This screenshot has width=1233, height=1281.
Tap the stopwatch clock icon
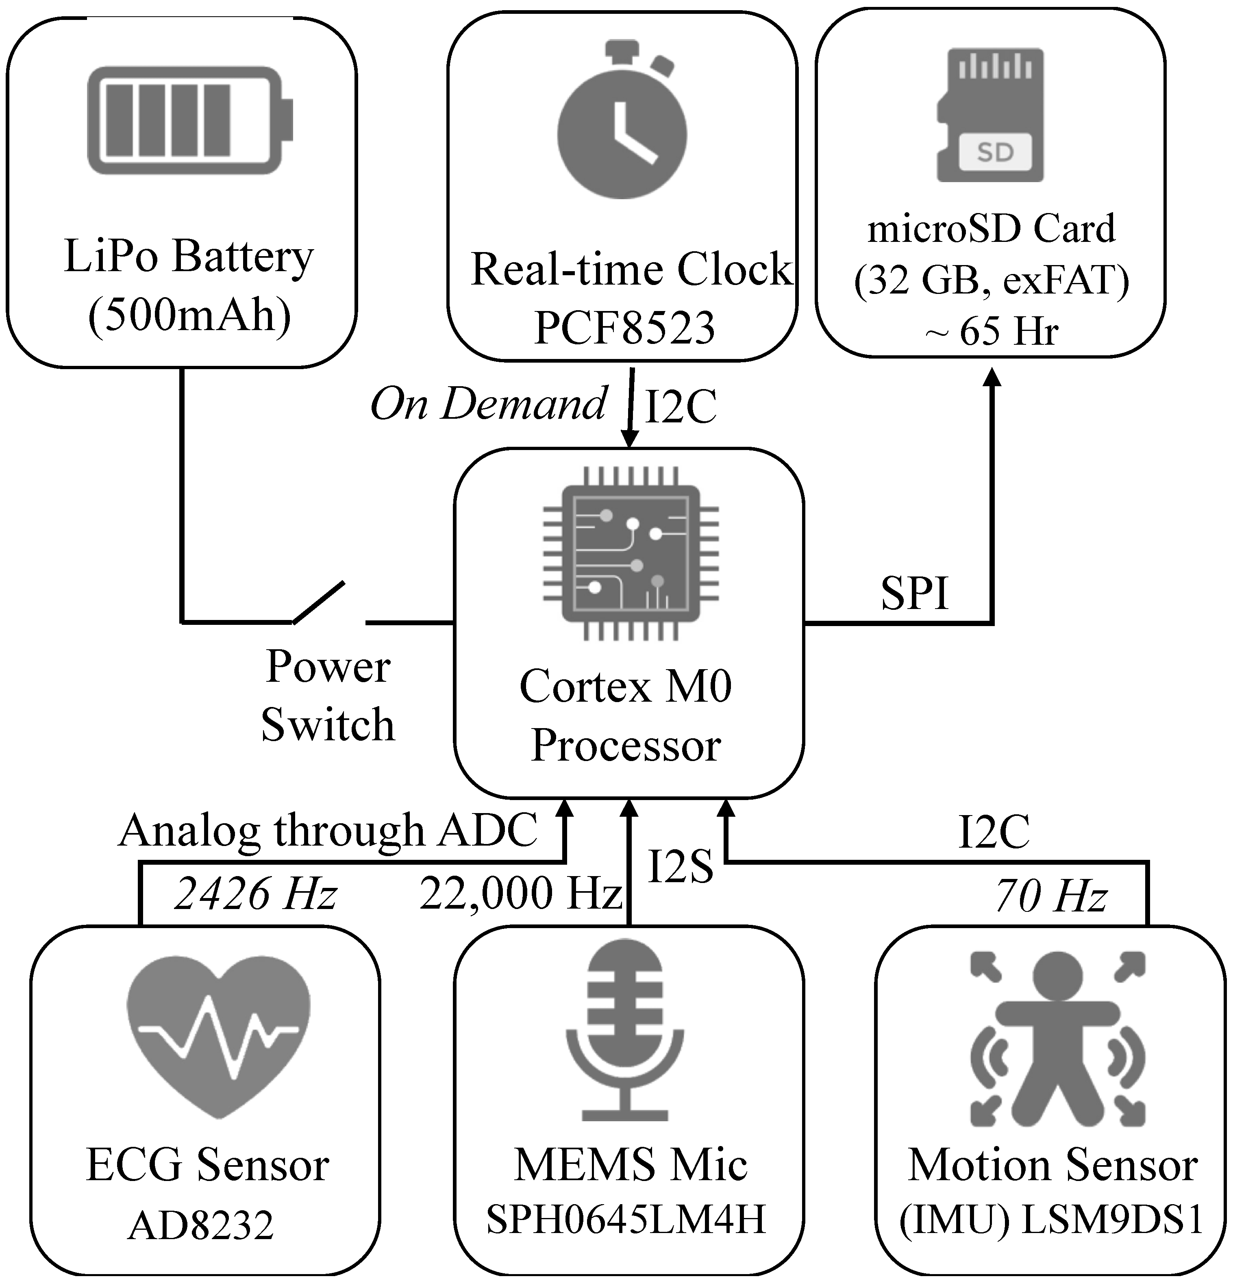[622, 124]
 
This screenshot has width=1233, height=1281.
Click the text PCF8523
[624, 328]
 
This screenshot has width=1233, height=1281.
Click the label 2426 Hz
[255, 894]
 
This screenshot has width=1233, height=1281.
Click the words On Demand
[489, 404]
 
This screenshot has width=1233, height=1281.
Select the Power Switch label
[328, 696]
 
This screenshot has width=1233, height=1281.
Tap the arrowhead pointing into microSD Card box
[993, 377]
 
